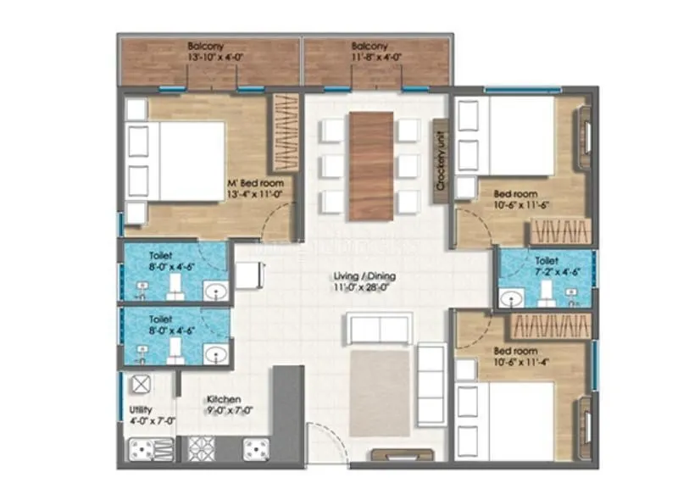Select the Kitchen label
click(x=223, y=399)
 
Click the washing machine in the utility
click(x=139, y=385)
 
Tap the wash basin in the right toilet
click(x=512, y=297)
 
